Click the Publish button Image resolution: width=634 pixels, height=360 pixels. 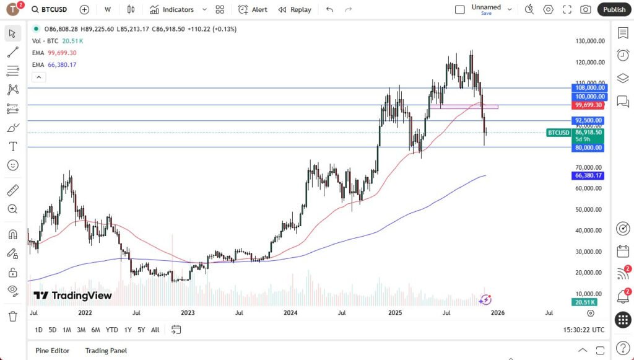click(x=614, y=9)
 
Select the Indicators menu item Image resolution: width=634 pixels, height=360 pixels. click(x=172, y=9)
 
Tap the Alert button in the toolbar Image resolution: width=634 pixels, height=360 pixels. click(x=253, y=9)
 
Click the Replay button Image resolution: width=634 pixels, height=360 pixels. click(x=295, y=9)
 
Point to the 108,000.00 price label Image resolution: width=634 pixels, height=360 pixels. click(x=589, y=88)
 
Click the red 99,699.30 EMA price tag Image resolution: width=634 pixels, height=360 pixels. click(x=589, y=105)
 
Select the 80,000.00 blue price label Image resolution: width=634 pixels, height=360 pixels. click(x=589, y=147)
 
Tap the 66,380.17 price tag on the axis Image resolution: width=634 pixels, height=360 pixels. click(x=589, y=175)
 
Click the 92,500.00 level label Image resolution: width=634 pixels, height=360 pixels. click(x=589, y=120)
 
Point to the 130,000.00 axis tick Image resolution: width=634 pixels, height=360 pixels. click(x=589, y=41)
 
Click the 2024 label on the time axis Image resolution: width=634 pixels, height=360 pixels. click(x=290, y=314)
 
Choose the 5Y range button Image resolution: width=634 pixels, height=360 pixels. click(x=141, y=330)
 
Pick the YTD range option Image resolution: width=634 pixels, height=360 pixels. click(x=111, y=330)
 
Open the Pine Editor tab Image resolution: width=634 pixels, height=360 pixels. click(x=52, y=351)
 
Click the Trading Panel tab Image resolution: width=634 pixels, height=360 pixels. click(x=106, y=351)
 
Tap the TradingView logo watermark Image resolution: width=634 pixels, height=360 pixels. click(x=72, y=296)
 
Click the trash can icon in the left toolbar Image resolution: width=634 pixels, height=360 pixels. click(x=12, y=316)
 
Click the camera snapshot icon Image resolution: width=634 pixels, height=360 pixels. click(x=585, y=9)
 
